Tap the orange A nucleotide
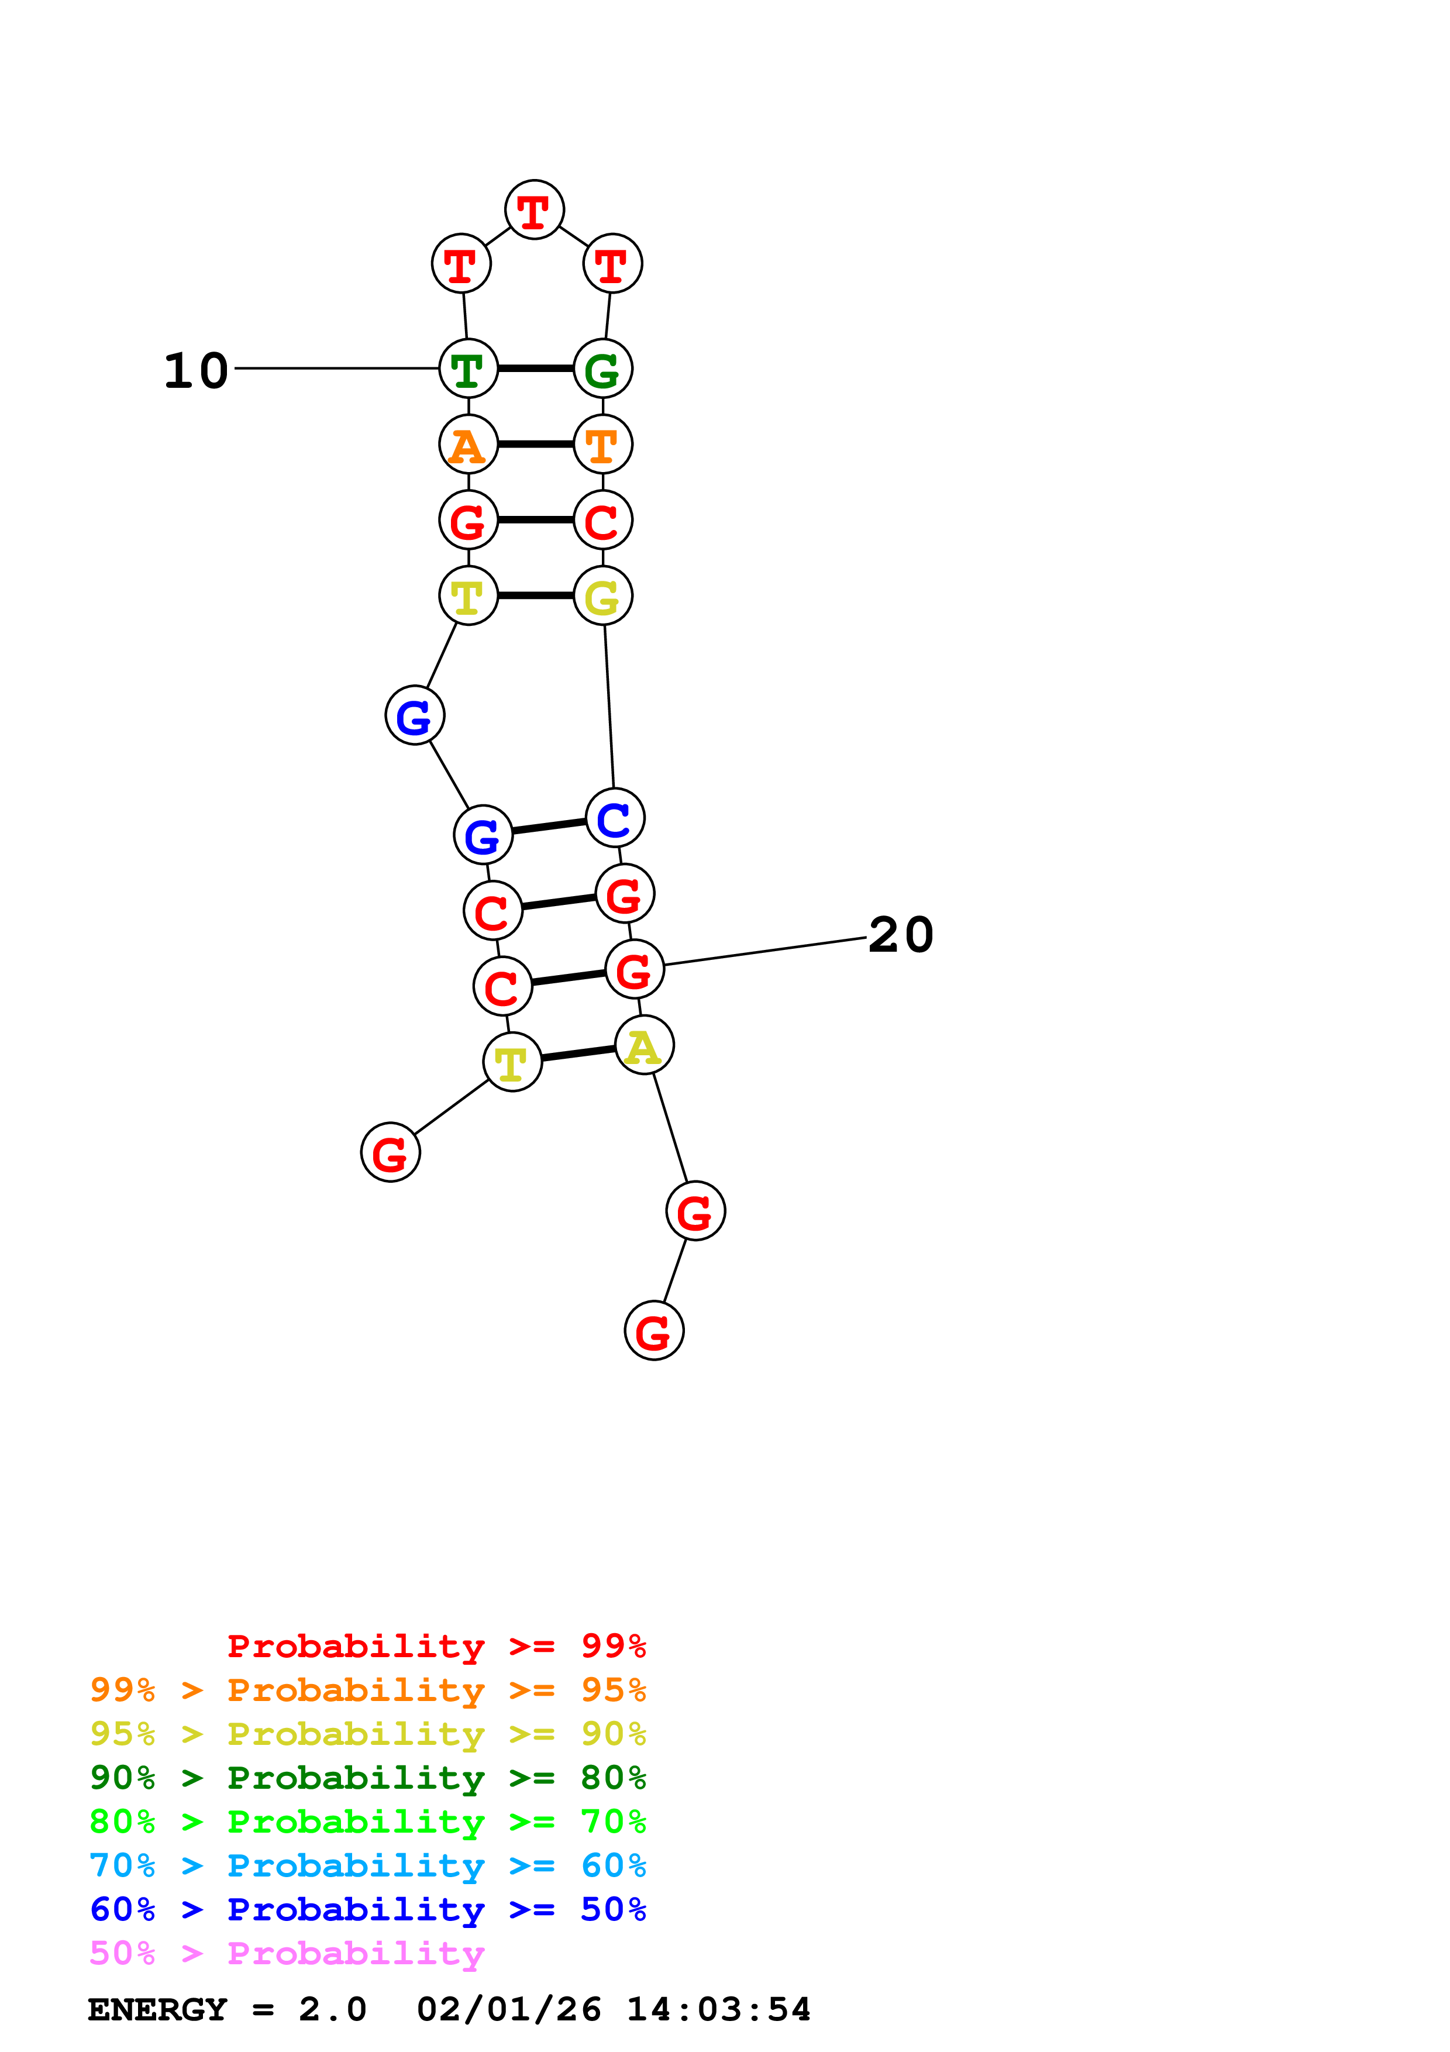(x=468, y=444)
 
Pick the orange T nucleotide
(x=603, y=444)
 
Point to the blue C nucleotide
(x=615, y=818)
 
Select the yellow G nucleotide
(x=603, y=596)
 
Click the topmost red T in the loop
(x=534, y=210)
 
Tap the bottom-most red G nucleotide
(x=654, y=1331)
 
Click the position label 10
(x=197, y=370)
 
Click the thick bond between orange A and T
(x=535, y=444)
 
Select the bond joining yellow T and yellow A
(x=578, y=1053)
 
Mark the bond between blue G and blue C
(x=549, y=827)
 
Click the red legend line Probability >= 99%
(x=437, y=1646)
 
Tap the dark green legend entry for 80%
(x=368, y=1778)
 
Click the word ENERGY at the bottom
(x=157, y=2009)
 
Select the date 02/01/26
(x=509, y=2009)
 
